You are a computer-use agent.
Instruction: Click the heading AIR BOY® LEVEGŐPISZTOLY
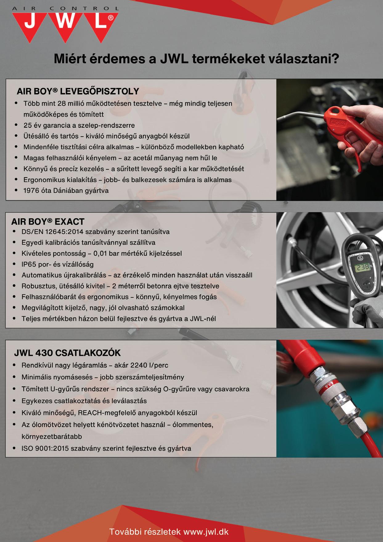pos(78,91)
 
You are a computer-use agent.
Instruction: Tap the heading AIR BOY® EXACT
pos(48,222)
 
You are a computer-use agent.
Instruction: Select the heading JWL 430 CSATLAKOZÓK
pos(67,353)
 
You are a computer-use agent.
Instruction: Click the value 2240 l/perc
pos(149,365)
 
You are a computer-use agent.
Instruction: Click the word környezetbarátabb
pos(52,436)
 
